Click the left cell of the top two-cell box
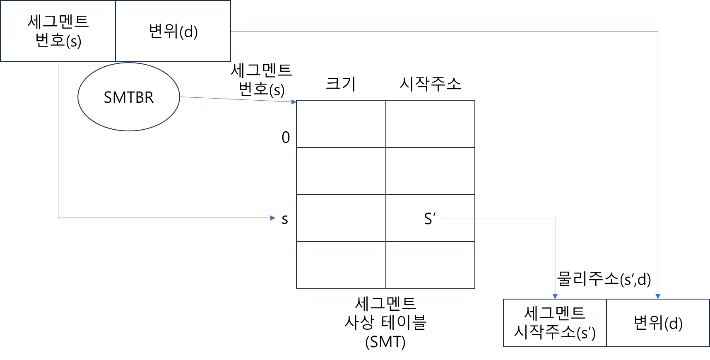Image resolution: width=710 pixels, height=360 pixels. tap(58, 31)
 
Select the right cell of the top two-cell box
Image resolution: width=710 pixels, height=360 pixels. tap(173, 31)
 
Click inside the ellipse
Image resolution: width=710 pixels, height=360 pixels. tap(129, 97)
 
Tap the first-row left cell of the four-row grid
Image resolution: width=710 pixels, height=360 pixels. tap(341, 124)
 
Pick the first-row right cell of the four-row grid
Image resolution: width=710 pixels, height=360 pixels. tap(430, 124)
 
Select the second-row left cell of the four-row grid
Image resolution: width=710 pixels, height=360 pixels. tap(341, 171)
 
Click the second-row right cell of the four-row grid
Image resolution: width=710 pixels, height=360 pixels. tap(430, 171)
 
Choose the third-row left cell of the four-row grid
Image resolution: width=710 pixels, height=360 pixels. tap(341, 218)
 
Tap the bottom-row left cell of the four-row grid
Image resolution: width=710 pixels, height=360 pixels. tap(341, 265)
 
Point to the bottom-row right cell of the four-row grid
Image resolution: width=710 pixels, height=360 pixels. tap(430, 265)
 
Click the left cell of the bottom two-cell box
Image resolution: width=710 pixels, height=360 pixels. tap(555, 323)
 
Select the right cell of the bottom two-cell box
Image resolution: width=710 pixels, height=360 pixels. tap(658, 323)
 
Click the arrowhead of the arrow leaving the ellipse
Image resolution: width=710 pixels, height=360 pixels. tap(294, 101)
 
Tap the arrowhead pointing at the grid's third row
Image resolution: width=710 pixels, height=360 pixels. tap(273, 218)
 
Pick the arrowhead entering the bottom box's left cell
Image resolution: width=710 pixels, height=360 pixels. tap(555, 296)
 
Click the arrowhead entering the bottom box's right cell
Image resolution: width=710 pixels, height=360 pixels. tap(658, 296)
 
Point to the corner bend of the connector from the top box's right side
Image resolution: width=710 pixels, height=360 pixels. tap(658, 31)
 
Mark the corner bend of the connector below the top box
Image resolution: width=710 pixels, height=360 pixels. tap(58, 217)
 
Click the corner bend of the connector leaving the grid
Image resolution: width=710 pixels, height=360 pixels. tap(555, 218)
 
